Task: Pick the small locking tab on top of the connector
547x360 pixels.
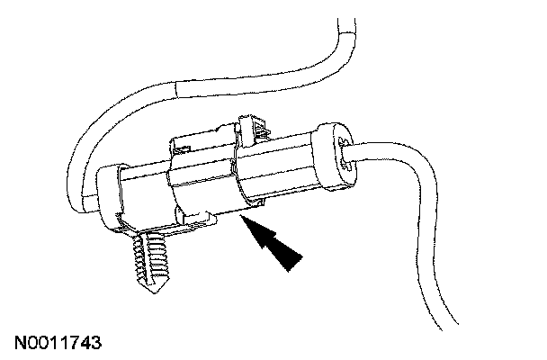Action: [x=255, y=128]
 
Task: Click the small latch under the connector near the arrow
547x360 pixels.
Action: [x=202, y=216]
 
